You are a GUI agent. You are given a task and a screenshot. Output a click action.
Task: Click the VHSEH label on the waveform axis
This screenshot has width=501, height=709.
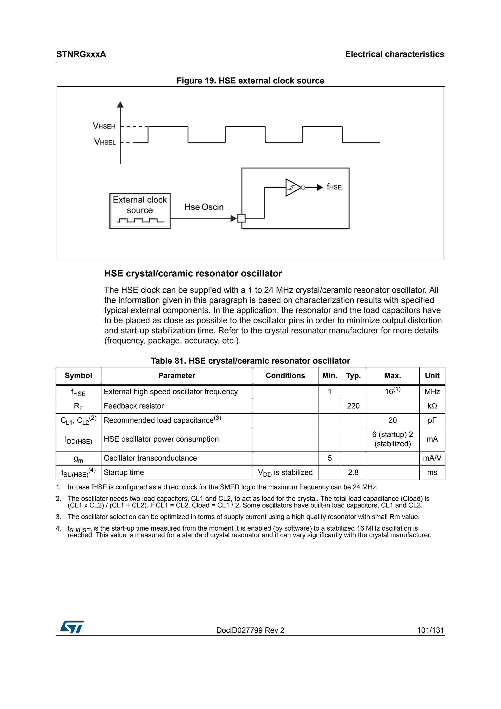[x=104, y=126]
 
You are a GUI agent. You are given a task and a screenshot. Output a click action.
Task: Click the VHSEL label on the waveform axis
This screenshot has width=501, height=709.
[x=105, y=142]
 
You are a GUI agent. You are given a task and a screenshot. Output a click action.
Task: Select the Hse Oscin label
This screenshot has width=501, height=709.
[x=204, y=207]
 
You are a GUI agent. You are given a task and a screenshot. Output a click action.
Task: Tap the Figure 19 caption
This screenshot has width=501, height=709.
[x=250, y=81]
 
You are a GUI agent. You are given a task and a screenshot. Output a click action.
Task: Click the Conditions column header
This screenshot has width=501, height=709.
[x=285, y=376]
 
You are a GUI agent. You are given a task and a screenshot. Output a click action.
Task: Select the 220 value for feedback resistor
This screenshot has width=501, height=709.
[x=353, y=406]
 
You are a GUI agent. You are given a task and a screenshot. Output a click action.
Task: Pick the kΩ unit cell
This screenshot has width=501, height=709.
[x=432, y=406]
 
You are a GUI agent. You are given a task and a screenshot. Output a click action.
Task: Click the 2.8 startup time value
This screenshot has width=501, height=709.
[x=353, y=473]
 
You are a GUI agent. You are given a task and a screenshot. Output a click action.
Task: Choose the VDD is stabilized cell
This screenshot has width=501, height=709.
[x=285, y=473]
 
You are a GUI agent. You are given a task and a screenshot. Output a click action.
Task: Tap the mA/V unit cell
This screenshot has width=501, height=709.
[x=432, y=458]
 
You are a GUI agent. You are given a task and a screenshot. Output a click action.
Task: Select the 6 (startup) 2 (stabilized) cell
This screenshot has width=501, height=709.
[x=392, y=439]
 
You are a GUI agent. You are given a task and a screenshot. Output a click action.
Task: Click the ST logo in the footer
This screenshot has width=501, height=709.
[x=72, y=627]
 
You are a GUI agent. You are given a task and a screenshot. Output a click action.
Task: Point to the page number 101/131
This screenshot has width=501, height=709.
[x=430, y=630]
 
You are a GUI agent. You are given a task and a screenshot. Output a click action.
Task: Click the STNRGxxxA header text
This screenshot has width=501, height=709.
[x=81, y=54]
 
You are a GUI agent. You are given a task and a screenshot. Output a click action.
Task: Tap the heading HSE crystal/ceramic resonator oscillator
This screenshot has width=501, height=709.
[x=193, y=274]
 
